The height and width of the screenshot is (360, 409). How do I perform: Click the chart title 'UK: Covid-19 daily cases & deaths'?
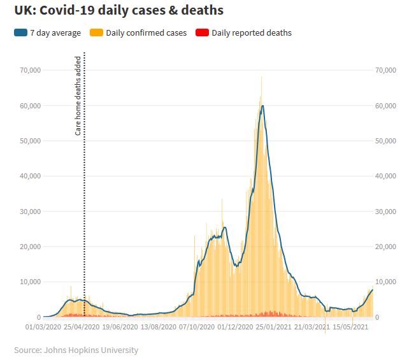tap(119, 11)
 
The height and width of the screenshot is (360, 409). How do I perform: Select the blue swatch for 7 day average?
tap(20, 32)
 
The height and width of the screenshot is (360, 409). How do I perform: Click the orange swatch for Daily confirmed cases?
tap(97, 32)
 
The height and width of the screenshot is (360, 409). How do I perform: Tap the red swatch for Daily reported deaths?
tap(202, 32)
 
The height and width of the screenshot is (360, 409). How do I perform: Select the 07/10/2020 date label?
tap(196, 328)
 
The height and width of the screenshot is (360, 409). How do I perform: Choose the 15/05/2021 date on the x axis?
tap(349, 328)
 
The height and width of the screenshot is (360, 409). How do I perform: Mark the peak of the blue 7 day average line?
tap(262, 106)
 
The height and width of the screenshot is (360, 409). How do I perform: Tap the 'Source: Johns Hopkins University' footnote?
tap(76, 350)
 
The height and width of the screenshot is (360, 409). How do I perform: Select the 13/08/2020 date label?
tap(158, 328)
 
